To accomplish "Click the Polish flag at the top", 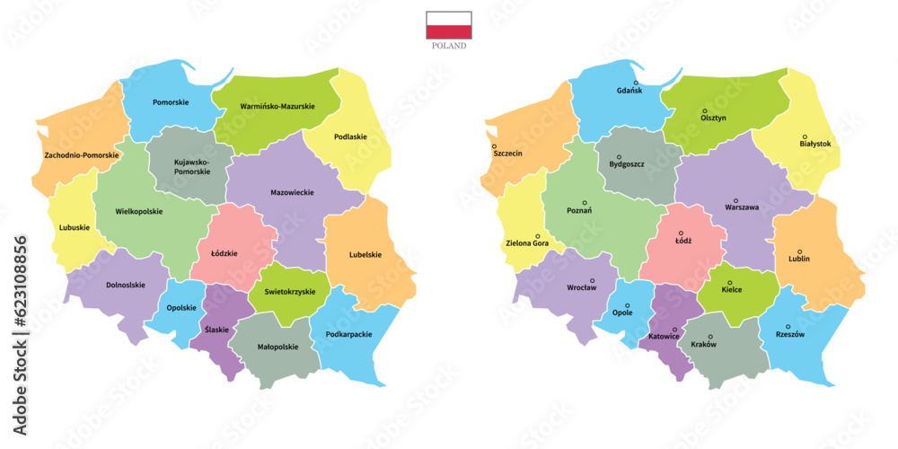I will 448,25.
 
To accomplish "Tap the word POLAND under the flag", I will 448,46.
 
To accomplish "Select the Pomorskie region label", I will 171,102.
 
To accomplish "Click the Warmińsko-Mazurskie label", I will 277,107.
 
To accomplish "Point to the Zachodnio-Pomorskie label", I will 81,155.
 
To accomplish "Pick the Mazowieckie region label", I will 292,192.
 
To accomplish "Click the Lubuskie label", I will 75,227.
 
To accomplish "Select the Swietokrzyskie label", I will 289,292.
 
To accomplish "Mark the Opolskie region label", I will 181,308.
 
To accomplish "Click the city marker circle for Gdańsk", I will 636,83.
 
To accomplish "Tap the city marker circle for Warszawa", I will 735,200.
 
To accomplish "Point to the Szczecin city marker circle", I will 494,145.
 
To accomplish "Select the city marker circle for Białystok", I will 804,136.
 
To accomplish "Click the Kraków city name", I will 704,345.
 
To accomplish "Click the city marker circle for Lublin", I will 799,251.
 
